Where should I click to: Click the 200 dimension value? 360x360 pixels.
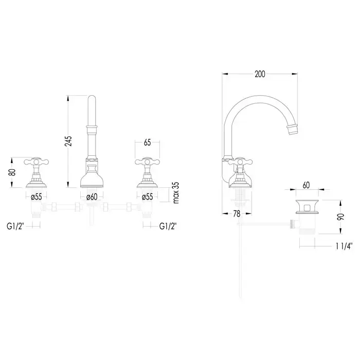tap(260, 74)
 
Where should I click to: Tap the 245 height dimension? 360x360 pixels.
tap(68, 141)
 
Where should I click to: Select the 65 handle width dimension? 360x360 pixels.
tap(147, 142)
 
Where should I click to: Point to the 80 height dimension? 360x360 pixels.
tap(12, 172)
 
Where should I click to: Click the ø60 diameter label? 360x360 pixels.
tap(92, 196)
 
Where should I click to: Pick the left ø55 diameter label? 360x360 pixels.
tap(37, 196)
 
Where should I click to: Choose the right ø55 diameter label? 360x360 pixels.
tap(147, 196)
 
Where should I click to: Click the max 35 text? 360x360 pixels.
tap(176, 193)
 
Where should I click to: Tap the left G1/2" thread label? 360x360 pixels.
tap(15, 226)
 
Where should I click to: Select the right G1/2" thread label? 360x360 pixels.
tap(168, 226)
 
